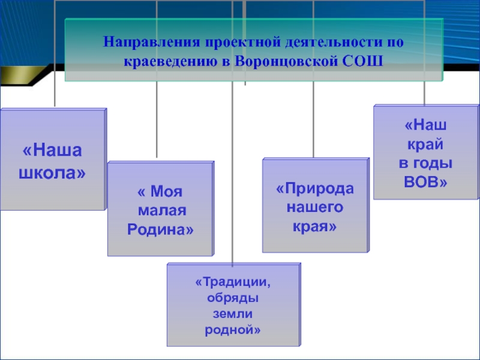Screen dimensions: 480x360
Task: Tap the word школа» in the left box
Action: (x=52, y=173)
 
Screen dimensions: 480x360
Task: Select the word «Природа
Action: (x=315, y=189)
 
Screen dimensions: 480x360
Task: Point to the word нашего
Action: (x=315, y=208)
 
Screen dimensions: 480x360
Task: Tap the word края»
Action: (x=315, y=227)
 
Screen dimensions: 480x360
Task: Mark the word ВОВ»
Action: (x=426, y=181)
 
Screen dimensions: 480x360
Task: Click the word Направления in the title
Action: (x=153, y=43)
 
